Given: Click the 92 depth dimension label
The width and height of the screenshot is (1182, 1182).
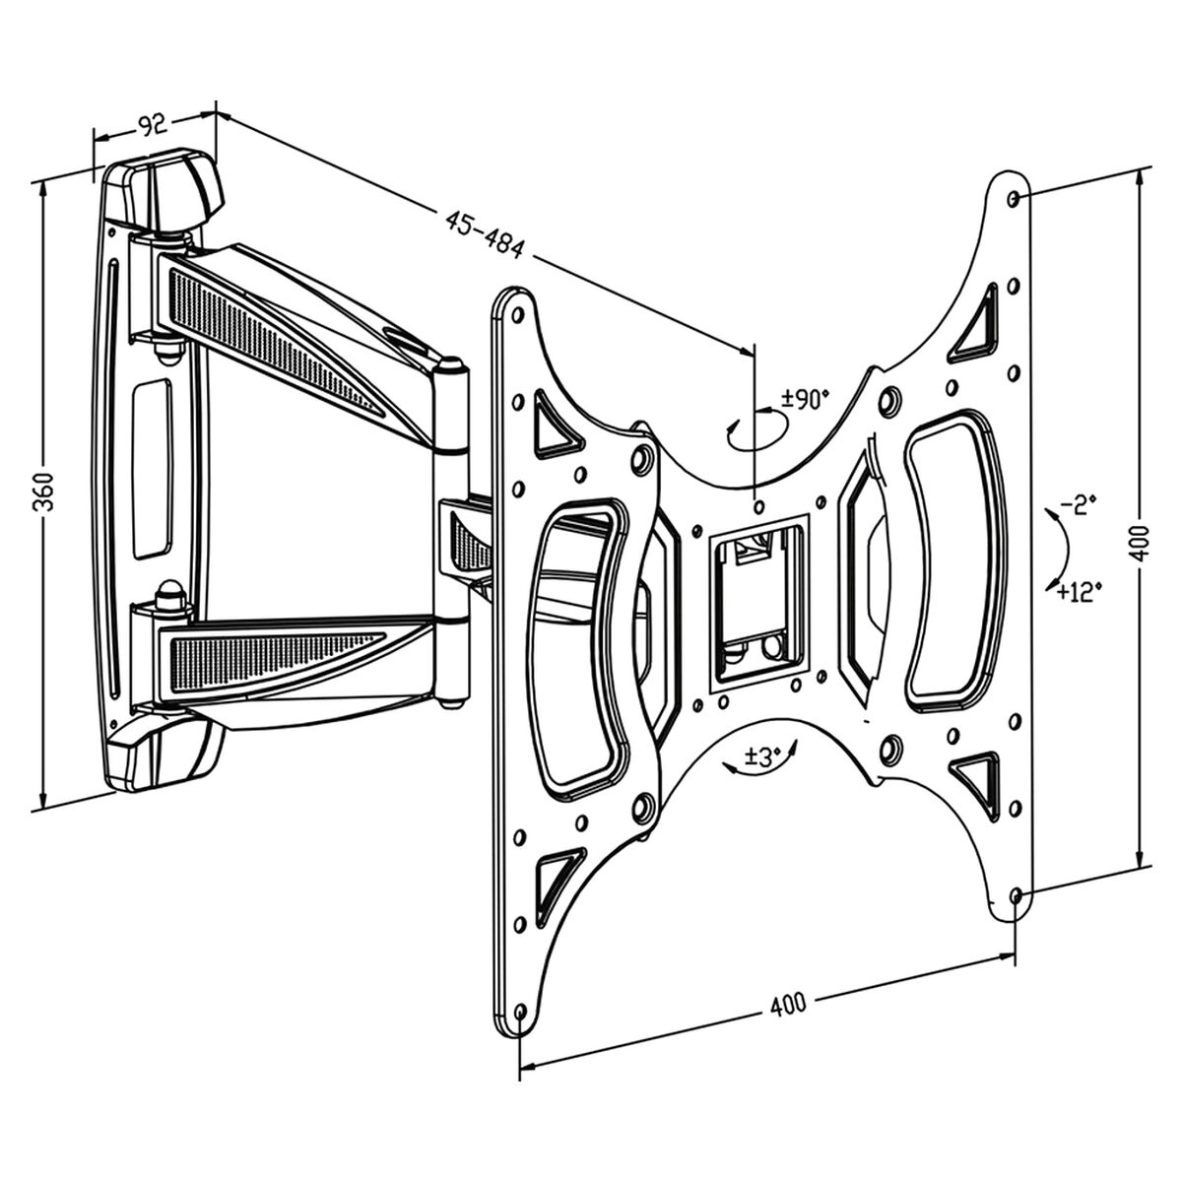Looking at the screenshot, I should point(151,125).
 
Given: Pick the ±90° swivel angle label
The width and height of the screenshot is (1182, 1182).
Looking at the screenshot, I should point(805,399).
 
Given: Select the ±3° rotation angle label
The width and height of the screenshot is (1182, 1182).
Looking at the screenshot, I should point(762,756).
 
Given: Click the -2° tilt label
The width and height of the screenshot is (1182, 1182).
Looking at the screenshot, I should point(1077,506).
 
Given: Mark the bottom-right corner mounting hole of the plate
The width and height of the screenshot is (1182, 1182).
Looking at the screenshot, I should point(1016,895).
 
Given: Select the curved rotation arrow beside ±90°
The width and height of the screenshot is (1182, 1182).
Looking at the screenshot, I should point(756,430).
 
